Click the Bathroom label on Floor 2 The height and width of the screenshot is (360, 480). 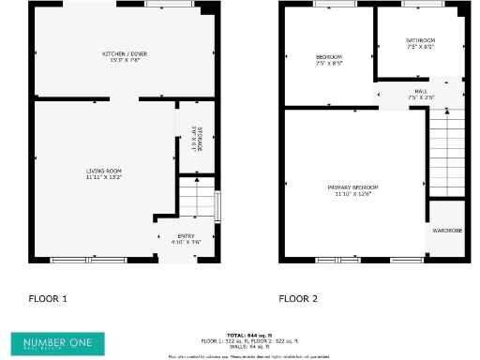pyautogui.click(x=420, y=40)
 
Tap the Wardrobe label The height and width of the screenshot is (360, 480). pyautogui.click(x=447, y=229)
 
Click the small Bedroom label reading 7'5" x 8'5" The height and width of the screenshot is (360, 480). pyautogui.click(x=328, y=60)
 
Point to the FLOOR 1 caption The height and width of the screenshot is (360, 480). pyautogui.click(x=49, y=298)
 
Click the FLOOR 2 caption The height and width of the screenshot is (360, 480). pyautogui.click(x=298, y=298)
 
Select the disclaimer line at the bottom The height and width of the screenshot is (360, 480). pyautogui.click(x=248, y=356)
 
